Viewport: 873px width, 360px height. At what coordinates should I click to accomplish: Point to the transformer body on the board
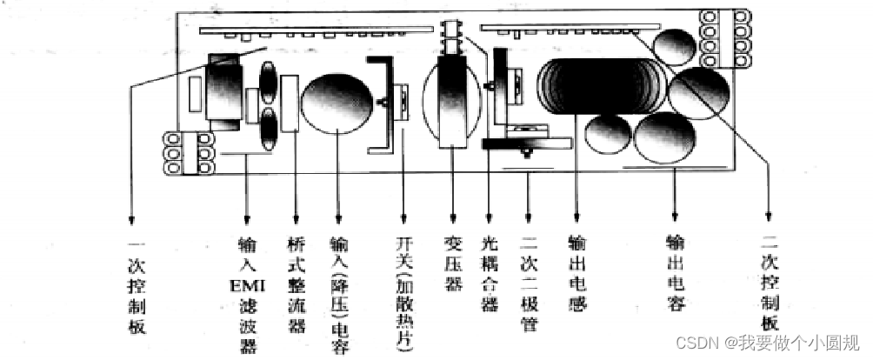[455, 103]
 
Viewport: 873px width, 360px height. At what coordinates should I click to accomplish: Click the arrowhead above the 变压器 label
[452, 218]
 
